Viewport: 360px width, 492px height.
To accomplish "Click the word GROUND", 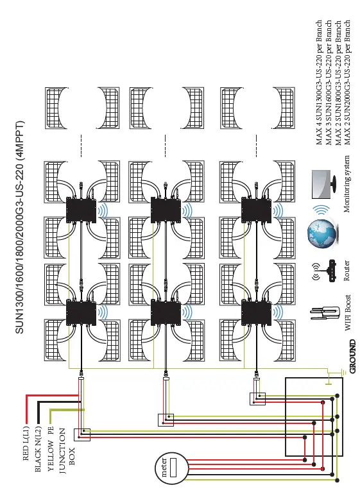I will (x=352, y=361).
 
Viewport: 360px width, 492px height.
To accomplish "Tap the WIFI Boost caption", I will (x=348, y=312).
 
